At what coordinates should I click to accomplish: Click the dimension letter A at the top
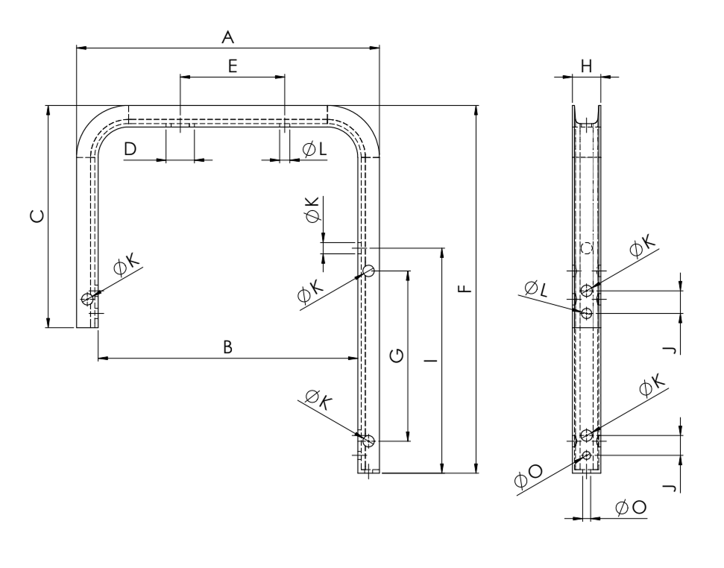[x=227, y=37]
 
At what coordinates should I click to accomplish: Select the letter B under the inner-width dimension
[x=227, y=347]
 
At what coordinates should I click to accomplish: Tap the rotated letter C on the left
[x=37, y=216]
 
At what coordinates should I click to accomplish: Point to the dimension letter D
[x=130, y=149]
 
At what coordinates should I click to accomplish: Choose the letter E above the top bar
[x=233, y=66]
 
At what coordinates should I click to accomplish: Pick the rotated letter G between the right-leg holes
[x=397, y=356]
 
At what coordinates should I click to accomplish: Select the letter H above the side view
[x=586, y=67]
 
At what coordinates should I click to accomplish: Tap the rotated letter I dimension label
[x=432, y=359]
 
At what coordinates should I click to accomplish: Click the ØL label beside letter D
[x=315, y=149]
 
